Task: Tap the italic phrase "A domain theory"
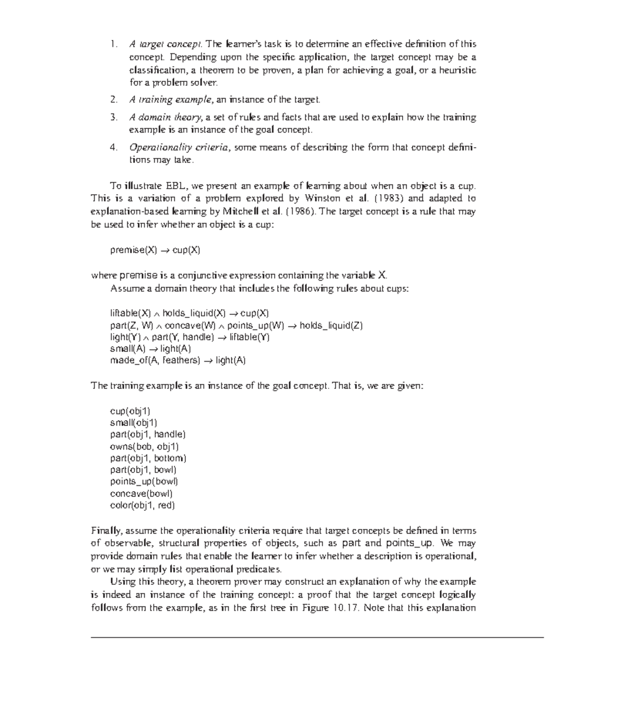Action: coord(166,117)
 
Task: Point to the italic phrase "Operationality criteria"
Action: coord(179,147)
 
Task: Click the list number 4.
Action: coord(113,147)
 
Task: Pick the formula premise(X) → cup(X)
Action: coord(155,250)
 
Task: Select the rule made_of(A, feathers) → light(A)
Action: coord(178,361)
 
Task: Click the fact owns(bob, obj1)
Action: coord(144,447)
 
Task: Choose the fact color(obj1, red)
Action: coord(142,506)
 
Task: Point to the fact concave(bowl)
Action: coord(141,494)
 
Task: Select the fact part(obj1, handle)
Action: coord(147,435)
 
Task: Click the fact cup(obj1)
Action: coord(130,411)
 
